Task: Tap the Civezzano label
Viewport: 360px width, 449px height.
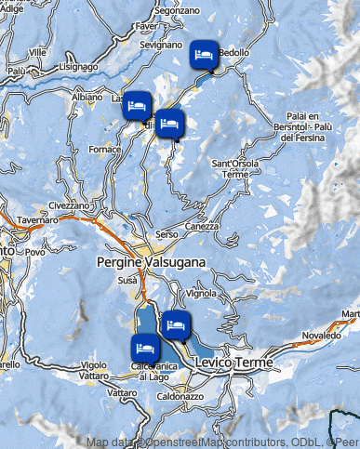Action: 69,205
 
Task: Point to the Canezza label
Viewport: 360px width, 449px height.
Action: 202,226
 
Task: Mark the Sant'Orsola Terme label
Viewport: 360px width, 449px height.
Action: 233,168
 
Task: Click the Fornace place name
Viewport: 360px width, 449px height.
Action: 105,149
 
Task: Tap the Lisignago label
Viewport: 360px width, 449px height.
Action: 77,67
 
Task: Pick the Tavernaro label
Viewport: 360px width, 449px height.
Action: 37,220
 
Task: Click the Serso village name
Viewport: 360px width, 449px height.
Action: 167,234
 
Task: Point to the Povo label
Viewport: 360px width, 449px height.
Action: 35,252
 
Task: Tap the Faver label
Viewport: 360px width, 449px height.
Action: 145,27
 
